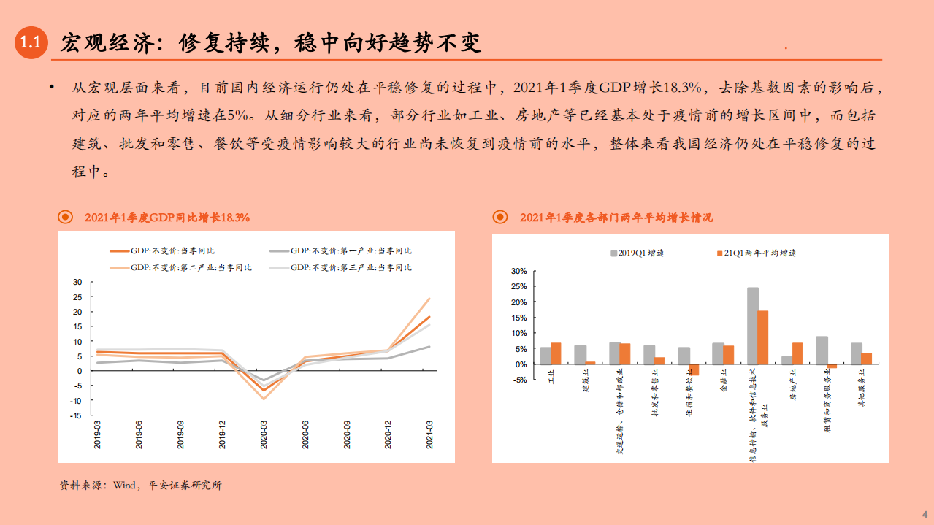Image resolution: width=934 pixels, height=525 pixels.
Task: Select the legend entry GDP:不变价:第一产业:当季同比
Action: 350,250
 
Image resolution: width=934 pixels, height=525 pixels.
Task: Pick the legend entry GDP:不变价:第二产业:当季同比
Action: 190,267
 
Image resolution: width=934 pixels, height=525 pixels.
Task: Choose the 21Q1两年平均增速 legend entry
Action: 758,253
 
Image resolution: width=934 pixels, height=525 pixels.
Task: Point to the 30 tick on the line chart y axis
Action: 77,282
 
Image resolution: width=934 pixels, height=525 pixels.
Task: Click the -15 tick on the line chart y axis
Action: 76,415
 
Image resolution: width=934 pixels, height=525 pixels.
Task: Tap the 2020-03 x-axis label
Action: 264,434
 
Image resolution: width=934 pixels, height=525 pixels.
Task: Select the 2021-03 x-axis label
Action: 429,434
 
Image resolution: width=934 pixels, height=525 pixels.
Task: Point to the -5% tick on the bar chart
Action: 518,380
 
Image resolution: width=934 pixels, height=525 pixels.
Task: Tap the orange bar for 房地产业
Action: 797,353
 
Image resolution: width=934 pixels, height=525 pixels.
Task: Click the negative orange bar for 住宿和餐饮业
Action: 694,369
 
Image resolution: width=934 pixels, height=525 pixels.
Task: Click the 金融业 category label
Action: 723,383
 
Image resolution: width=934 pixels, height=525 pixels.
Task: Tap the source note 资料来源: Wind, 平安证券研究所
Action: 140,486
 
